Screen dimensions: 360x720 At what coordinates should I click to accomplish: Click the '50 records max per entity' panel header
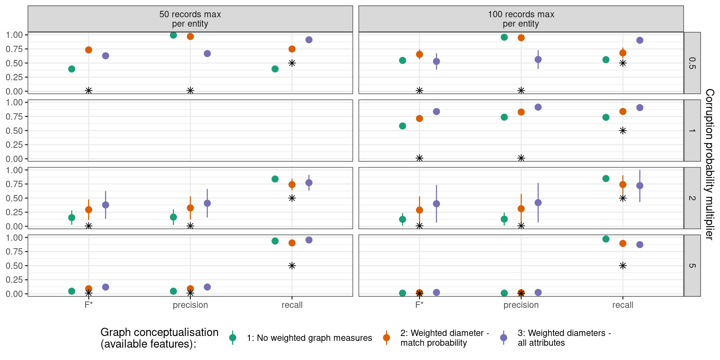pyautogui.click(x=190, y=19)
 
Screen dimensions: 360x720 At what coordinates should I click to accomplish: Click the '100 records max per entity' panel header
pyautogui.click(x=521, y=19)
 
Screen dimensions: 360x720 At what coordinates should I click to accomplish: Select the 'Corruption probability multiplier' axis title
pyautogui.click(x=709, y=164)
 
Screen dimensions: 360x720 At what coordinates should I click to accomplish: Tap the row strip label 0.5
pyautogui.click(x=692, y=63)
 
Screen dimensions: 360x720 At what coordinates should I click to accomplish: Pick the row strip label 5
pyautogui.click(x=692, y=265)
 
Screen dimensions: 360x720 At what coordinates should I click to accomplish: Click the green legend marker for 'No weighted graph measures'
pyautogui.click(x=232, y=337)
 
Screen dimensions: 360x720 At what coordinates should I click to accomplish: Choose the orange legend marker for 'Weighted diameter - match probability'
pyautogui.click(x=386, y=337)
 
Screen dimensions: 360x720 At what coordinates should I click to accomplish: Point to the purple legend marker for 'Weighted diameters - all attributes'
pyautogui.click(x=504, y=337)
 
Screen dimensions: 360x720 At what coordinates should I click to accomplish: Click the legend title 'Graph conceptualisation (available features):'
pyautogui.click(x=159, y=338)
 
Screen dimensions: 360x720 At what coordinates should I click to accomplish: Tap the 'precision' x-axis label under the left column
pyautogui.click(x=190, y=305)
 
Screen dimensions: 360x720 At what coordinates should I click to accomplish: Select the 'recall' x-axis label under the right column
pyautogui.click(x=622, y=305)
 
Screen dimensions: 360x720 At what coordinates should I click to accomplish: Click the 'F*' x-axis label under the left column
pyautogui.click(x=88, y=305)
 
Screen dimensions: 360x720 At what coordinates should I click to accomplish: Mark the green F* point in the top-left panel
pyautogui.click(x=72, y=69)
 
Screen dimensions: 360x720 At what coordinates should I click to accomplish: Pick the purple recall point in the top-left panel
pyautogui.click(x=309, y=40)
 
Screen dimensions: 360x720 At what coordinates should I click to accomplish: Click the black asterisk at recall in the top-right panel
pyautogui.click(x=623, y=63)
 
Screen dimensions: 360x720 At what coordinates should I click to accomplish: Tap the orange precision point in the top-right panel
pyautogui.click(x=521, y=37)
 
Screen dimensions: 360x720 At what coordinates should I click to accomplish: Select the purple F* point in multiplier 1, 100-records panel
pyautogui.click(x=436, y=112)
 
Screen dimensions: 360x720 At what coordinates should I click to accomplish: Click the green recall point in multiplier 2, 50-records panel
pyautogui.click(x=275, y=179)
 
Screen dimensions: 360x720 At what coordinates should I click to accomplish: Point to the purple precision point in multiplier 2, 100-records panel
pyautogui.click(x=538, y=202)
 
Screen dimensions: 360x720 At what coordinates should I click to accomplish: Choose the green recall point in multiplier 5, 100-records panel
pyautogui.click(x=606, y=239)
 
